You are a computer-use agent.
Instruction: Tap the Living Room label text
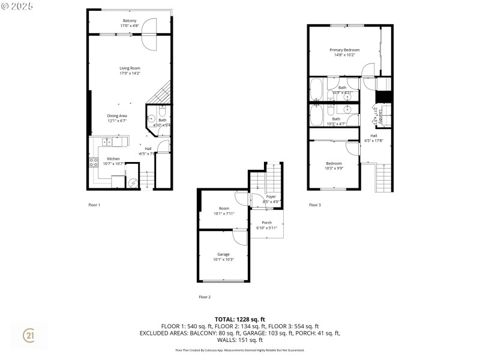(130, 71)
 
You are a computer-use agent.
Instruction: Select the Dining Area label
(117, 118)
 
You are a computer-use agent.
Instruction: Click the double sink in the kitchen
(106, 142)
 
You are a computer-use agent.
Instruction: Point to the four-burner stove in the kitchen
(94, 162)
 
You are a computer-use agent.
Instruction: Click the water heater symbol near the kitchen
(133, 182)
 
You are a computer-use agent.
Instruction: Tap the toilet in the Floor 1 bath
(162, 112)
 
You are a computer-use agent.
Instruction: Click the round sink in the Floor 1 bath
(151, 119)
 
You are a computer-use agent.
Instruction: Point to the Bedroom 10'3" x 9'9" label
(334, 166)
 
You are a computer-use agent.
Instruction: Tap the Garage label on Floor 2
(223, 257)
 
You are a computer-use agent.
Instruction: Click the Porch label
(266, 225)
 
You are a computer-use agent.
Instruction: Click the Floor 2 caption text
(205, 296)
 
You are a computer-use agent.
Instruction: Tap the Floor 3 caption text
(315, 205)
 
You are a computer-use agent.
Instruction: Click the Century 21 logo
(28, 337)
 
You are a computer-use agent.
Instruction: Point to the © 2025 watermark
(17, 5)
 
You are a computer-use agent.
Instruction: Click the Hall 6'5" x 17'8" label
(374, 138)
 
